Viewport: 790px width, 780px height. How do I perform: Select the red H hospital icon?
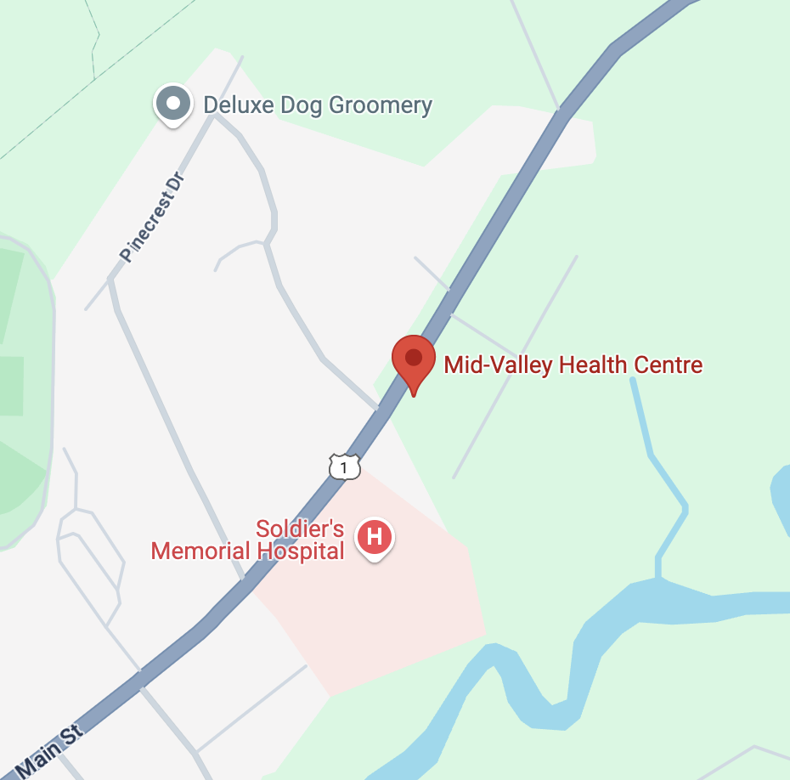pos(375,538)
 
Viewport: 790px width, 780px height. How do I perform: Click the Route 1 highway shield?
pos(344,466)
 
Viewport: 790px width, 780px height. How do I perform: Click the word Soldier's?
pos(300,529)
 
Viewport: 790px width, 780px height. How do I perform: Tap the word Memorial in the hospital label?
pos(200,551)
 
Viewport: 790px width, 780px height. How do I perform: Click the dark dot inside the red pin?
pos(414,357)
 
